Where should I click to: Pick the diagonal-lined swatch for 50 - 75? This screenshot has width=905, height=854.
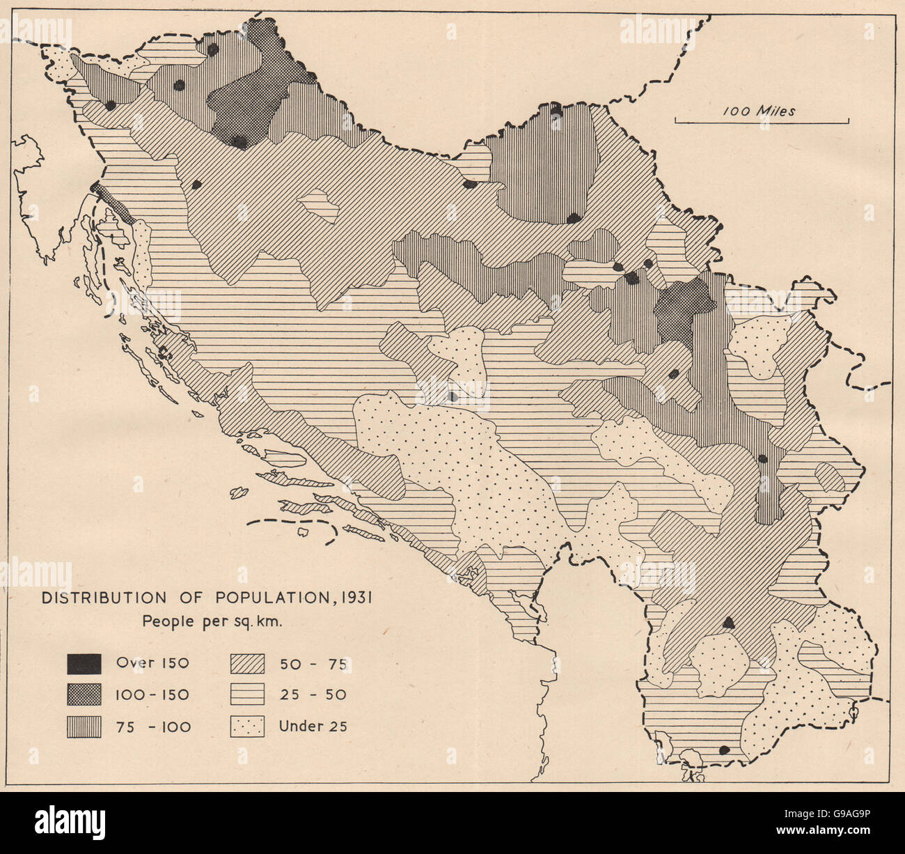(x=247, y=663)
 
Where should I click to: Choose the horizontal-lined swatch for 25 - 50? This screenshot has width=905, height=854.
(x=247, y=694)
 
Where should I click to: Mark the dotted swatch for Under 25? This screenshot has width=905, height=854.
(x=247, y=727)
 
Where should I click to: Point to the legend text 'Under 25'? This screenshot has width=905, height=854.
(x=313, y=727)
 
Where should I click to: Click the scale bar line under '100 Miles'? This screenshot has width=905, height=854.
(x=762, y=123)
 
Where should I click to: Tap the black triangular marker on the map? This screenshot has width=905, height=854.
(x=729, y=623)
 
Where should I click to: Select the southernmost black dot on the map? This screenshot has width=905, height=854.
(x=724, y=750)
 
